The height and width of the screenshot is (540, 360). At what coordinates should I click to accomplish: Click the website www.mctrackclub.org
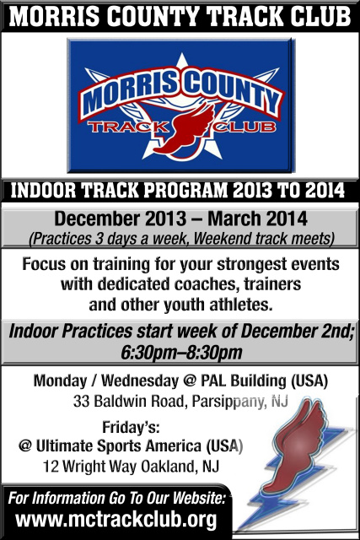tap(116, 521)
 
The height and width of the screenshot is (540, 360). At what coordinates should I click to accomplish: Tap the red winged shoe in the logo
tap(185, 131)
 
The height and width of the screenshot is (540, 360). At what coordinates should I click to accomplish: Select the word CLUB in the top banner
tap(320, 16)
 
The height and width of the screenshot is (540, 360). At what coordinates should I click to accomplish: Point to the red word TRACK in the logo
tap(128, 127)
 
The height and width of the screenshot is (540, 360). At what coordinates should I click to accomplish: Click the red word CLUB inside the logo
tap(245, 127)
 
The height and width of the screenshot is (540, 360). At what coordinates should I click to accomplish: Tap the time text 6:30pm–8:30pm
tap(182, 353)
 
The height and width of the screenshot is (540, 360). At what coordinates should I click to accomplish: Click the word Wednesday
tap(140, 381)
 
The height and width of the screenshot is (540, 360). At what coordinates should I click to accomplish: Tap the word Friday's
tap(131, 428)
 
